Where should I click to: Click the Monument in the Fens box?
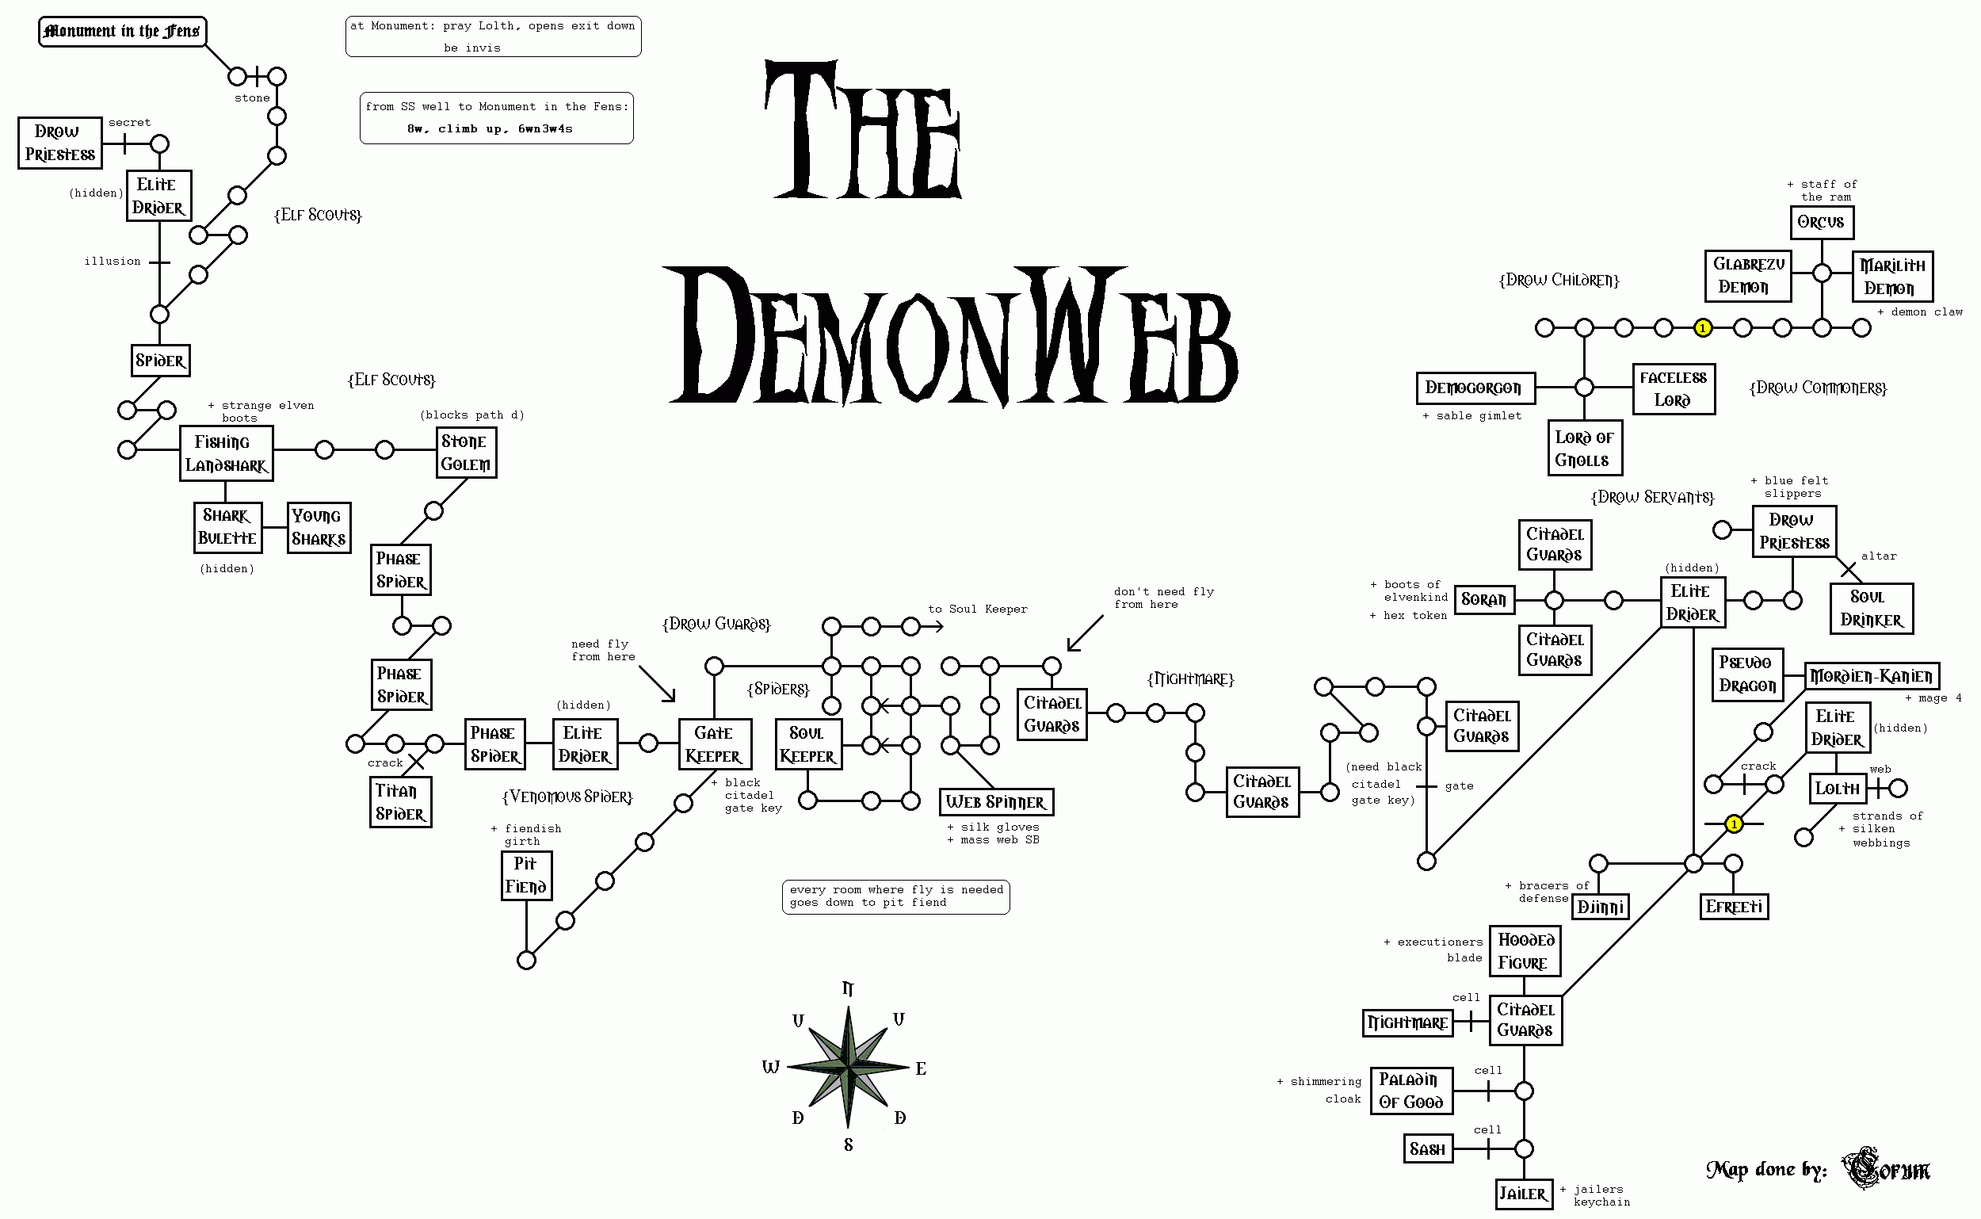click(123, 32)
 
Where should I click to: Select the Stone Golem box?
click(466, 453)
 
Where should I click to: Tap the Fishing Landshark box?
click(226, 453)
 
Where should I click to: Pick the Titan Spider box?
click(400, 802)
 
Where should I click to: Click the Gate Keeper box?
click(715, 744)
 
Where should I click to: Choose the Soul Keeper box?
click(808, 744)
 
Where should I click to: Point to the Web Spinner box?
click(996, 802)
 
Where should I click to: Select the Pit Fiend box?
click(526, 876)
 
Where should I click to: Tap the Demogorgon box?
click(1475, 388)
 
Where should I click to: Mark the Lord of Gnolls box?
click(1585, 449)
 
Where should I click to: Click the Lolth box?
click(1838, 789)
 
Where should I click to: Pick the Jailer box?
click(1523, 1194)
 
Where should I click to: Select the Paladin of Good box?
click(1410, 1091)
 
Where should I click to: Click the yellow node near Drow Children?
click(1702, 328)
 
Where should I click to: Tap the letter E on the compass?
click(921, 1069)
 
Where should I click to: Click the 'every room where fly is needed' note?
click(896, 896)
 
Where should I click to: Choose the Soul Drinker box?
click(1871, 609)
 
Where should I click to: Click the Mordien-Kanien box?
click(1871, 675)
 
